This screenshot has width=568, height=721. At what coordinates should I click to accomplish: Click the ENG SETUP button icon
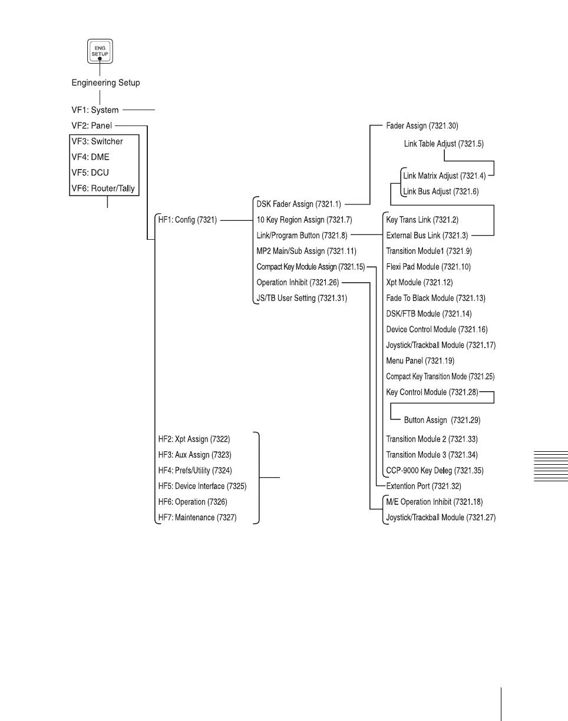click(x=100, y=52)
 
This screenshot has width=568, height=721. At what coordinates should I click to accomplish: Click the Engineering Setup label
click(x=106, y=82)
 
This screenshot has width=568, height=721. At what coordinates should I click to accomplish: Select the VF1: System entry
click(x=95, y=110)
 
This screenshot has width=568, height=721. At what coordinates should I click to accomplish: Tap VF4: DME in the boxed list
click(x=90, y=157)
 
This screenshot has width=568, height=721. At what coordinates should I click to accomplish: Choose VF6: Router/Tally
click(x=105, y=188)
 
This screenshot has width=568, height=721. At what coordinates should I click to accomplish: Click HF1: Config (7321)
click(x=185, y=220)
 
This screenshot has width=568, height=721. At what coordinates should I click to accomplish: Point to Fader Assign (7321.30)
click(x=422, y=125)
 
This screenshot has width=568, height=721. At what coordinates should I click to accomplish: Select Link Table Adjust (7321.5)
click(x=444, y=143)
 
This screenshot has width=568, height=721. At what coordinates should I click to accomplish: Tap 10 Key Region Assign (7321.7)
click(x=304, y=220)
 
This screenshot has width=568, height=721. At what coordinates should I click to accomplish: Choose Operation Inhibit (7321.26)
click(x=298, y=283)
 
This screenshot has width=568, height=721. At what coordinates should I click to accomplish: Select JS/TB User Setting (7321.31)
click(x=302, y=298)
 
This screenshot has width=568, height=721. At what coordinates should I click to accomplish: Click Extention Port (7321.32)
click(x=423, y=487)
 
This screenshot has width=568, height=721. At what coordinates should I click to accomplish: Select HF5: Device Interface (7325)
click(x=203, y=487)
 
